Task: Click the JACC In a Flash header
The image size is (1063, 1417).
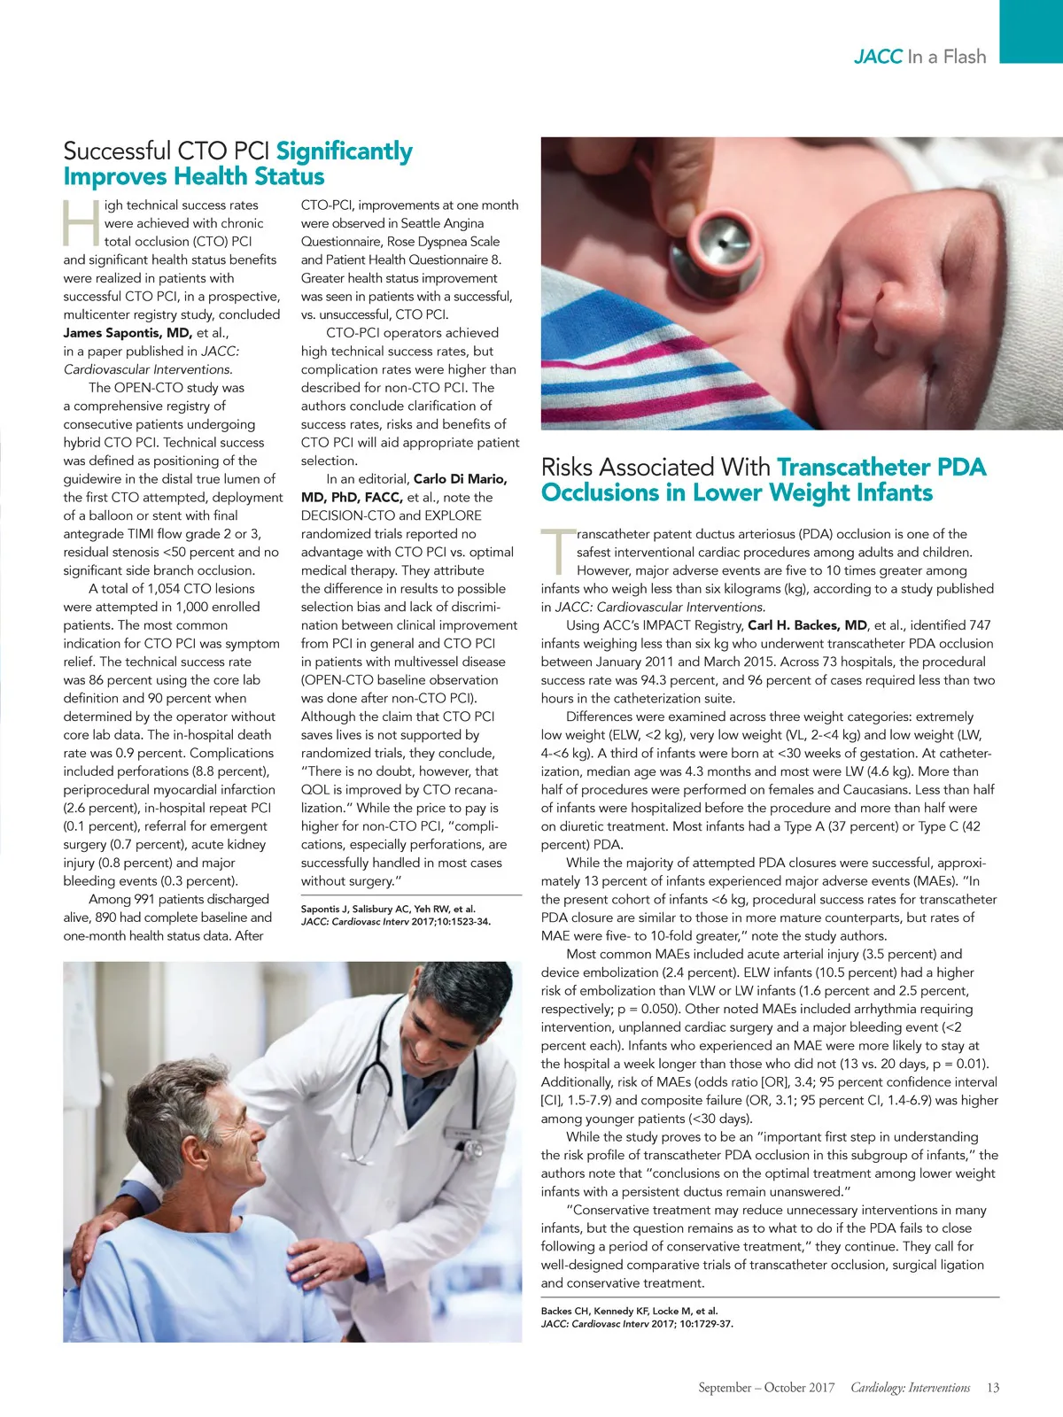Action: pyautogui.click(x=919, y=57)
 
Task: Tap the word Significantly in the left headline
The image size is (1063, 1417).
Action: pyautogui.click(x=344, y=151)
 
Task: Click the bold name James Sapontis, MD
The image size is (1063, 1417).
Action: pyautogui.click(x=128, y=333)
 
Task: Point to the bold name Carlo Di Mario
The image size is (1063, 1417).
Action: pyautogui.click(x=461, y=479)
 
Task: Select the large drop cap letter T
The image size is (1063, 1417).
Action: pyautogui.click(x=557, y=550)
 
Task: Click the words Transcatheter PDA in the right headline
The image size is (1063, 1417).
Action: pyautogui.click(x=881, y=467)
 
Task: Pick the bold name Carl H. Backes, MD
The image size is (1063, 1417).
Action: pyautogui.click(x=807, y=625)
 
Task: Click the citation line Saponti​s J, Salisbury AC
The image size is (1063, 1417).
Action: pyautogui.click(x=388, y=909)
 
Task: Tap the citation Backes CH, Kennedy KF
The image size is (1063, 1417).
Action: pyautogui.click(x=629, y=1311)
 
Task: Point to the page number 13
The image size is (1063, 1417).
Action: pyautogui.click(x=992, y=1388)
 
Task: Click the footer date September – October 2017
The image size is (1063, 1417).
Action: pyautogui.click(x=766, y=1388)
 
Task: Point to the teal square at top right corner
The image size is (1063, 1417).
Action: pyautogui.click(x=1031, y=31)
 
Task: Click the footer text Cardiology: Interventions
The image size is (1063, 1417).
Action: pyautogui.click(x=910, y=1388)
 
